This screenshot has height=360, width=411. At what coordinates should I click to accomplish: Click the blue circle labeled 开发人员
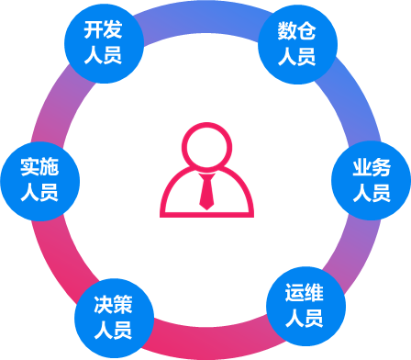[104, 43]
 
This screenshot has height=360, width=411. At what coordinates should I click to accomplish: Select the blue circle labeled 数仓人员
[298, 45]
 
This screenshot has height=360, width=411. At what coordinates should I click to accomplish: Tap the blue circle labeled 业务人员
[372, 181]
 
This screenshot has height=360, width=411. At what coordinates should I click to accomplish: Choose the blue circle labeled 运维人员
[306, 306]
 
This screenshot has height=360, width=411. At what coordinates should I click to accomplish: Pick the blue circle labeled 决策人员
[115, 319]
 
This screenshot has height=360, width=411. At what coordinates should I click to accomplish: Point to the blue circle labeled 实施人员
[40, 181]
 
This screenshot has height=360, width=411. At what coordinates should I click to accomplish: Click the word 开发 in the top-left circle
[103, 30]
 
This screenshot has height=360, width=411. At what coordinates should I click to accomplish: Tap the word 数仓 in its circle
[296, 31]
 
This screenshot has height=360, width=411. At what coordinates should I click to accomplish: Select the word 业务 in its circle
[372, 167]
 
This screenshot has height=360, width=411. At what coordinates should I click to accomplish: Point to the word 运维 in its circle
[305, 293]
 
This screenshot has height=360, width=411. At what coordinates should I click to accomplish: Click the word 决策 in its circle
[113, 305]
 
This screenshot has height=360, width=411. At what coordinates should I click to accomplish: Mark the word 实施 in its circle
[39, 167]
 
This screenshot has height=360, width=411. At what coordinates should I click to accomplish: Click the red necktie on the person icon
[206, 191]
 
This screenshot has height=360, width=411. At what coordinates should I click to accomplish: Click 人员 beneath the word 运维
[305, 319]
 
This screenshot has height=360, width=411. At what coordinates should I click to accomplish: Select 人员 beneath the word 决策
[113, 330]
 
